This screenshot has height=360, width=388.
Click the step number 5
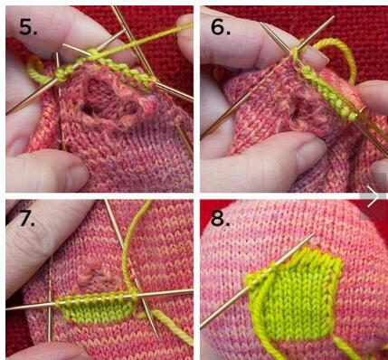pos(28,26)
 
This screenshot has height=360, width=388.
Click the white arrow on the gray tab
pos(373,196)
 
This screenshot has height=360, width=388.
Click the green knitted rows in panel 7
pos(97,310)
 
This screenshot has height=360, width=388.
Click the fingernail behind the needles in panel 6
pos(314,57)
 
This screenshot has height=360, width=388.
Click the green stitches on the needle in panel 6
pos(327,92)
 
